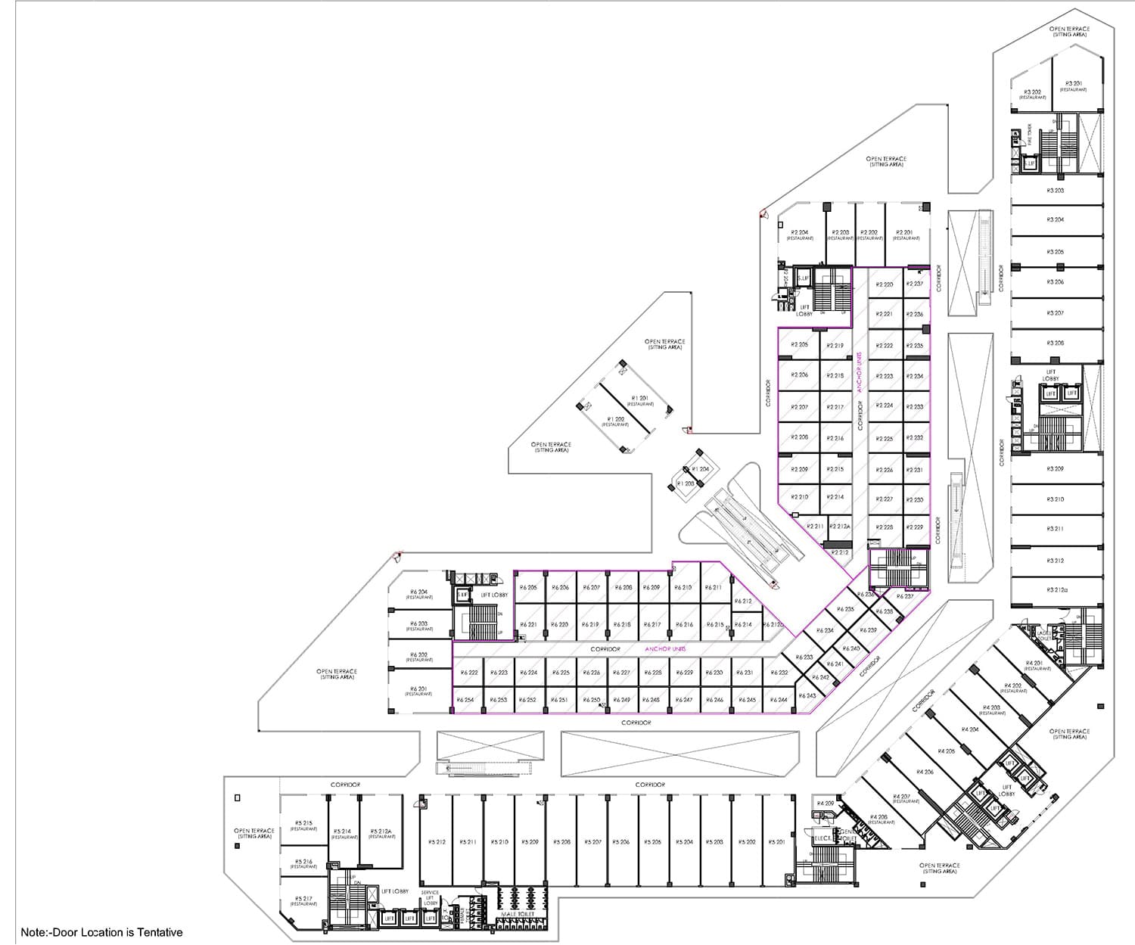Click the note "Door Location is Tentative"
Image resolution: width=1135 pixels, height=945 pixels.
(x=102, y=932)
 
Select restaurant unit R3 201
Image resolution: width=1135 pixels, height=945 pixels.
(x=1073, y=85)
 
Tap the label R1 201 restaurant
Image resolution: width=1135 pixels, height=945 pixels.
(x=639, y=399)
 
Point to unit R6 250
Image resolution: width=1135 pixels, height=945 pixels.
(x=591, y=700)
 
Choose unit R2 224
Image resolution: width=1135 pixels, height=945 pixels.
(x=885, y=406)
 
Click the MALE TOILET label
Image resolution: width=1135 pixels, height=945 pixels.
(x=518, y=914)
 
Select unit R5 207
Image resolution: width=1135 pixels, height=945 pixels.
(x=592, y=842)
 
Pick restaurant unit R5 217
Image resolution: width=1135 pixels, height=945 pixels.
(x=303, y=900)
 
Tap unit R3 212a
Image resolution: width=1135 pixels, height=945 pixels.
(x=1056, y=590)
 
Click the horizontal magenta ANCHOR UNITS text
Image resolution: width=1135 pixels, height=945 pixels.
(x=664, y=649)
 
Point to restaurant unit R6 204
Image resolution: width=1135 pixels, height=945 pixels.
(x=418, y=594)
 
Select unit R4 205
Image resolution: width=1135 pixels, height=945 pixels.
(x=946, y=751)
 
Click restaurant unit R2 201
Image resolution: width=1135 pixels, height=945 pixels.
(x=904, y=235)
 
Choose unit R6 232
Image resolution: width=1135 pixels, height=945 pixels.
(x=779, y=673)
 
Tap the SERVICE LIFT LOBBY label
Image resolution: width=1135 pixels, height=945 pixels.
(x=430, y=898)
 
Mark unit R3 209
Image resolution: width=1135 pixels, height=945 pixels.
(x=1055, y=469)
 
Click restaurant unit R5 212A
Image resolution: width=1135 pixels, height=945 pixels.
(x=382, y=833)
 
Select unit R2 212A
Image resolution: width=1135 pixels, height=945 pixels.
(x=839, y=527)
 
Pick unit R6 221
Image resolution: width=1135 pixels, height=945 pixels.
(x=528, y=625)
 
